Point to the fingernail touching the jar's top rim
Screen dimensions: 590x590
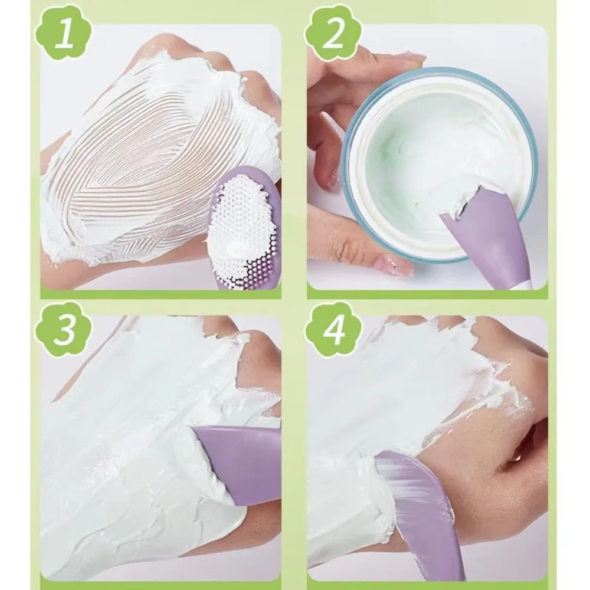(407, 57)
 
